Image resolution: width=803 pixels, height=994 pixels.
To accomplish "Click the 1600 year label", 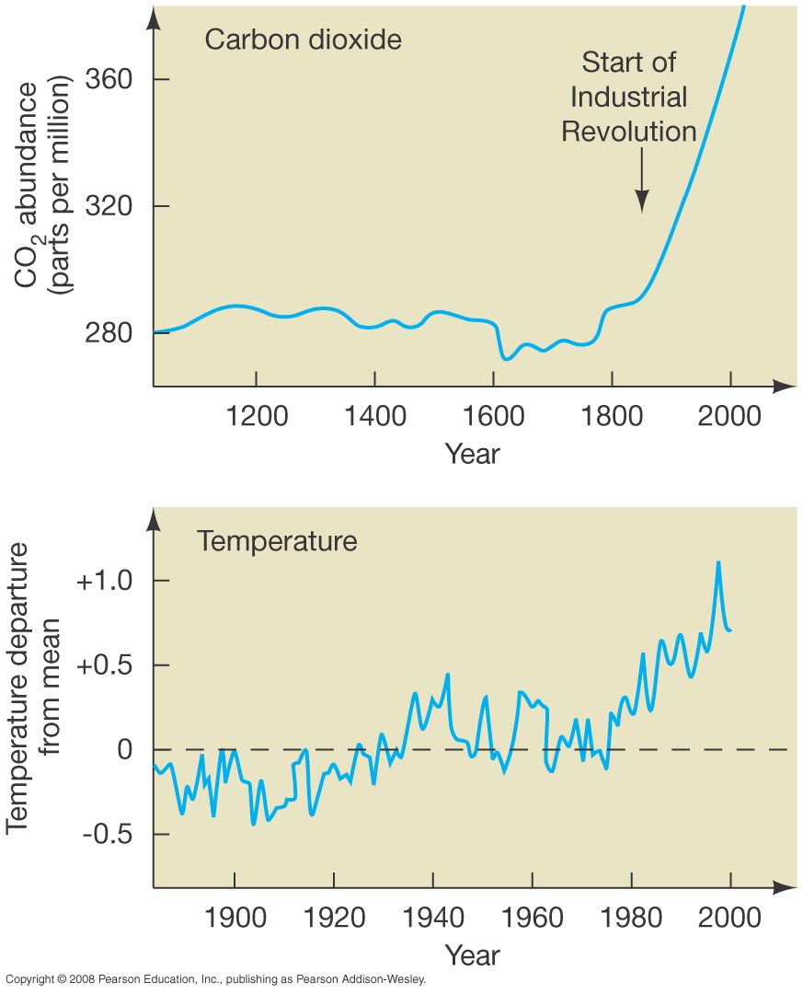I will pos(493,416).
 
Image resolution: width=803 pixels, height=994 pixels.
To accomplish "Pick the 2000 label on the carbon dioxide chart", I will pos(729,416).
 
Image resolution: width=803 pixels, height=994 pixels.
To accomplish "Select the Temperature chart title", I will pos(277,540).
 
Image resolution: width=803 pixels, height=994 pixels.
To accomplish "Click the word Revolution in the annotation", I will pos(629,131).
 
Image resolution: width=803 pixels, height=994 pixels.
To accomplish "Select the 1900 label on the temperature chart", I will pos(235,918).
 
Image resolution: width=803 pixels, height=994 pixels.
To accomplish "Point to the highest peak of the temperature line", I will pos(718,562).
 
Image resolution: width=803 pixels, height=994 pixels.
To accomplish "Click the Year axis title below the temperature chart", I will pos(472,954).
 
